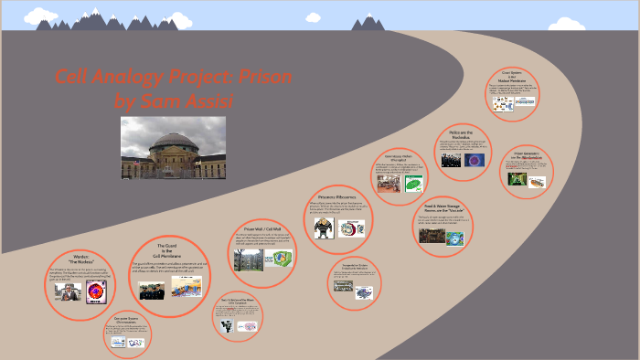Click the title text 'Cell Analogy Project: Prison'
coord(173,78)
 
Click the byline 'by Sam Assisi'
coord(174,100)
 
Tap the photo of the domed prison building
coord(174,148)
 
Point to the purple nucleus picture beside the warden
coord(94,292)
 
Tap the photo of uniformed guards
coord(153,291)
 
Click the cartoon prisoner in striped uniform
coord(321,228)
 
